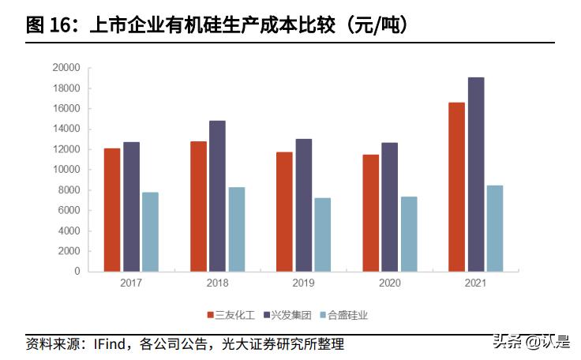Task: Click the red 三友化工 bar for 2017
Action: point(112,210)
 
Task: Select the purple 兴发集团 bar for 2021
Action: point(476,174)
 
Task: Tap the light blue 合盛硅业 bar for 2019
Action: point(322,234)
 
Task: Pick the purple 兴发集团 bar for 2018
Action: point(217,196)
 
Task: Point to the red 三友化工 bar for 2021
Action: point(456,187)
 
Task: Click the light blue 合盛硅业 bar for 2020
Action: point(408,234)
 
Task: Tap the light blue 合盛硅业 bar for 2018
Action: point(236,229)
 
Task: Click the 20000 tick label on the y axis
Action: point(66,68)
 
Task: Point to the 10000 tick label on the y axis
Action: point(66,170)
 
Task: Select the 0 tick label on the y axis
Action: point(77,272)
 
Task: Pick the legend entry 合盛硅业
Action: point(347,315)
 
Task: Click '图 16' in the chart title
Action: point(45,25)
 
